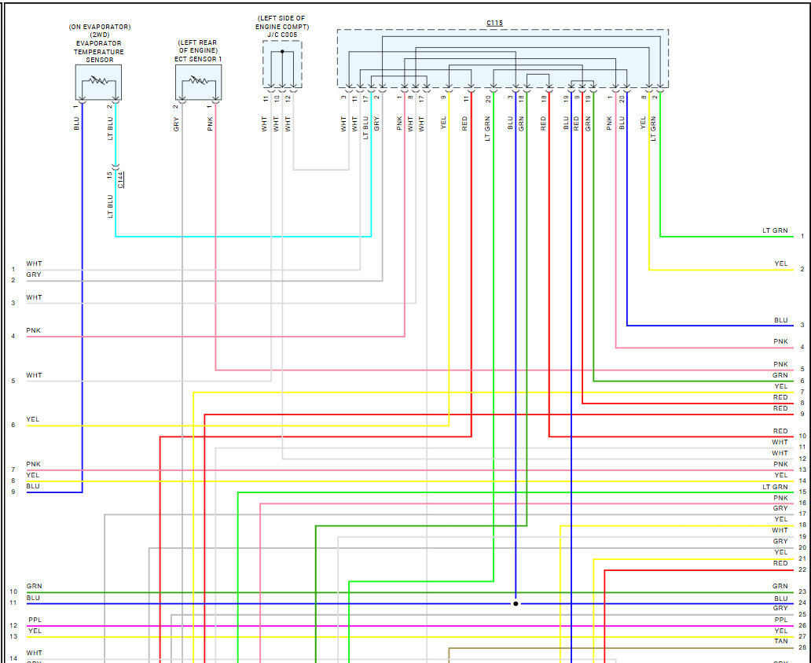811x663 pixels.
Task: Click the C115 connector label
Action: [x=494, y=23]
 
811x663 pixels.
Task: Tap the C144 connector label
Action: [x=120, y=180]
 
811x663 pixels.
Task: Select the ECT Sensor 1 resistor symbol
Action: [x=198, y=80]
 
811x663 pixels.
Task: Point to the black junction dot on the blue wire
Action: [x=516, y=603]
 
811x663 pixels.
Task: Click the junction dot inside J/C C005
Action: [x=282, y=52]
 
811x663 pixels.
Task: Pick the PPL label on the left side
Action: [x=35, y=621]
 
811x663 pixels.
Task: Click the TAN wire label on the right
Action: [x=780, y=641]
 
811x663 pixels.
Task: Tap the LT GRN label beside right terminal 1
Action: [x=775, y=230]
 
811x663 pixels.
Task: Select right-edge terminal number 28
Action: [x=802, y=647]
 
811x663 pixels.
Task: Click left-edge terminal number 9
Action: [x=13, y=492]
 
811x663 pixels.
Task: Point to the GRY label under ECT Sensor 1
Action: [x=176, y=123]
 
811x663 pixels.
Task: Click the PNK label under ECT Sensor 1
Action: [x=210, y=123]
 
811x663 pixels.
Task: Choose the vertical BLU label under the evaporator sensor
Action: [x=76, y=123]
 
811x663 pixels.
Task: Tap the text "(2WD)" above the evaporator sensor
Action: [x=99, y=35]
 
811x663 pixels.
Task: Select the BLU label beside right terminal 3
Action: [x=780, y=320]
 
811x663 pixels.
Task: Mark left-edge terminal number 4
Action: [x=13, y=337]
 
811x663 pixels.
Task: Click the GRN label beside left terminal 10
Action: [x=35, y=586]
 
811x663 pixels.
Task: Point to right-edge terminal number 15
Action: [x=802, y=492]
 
